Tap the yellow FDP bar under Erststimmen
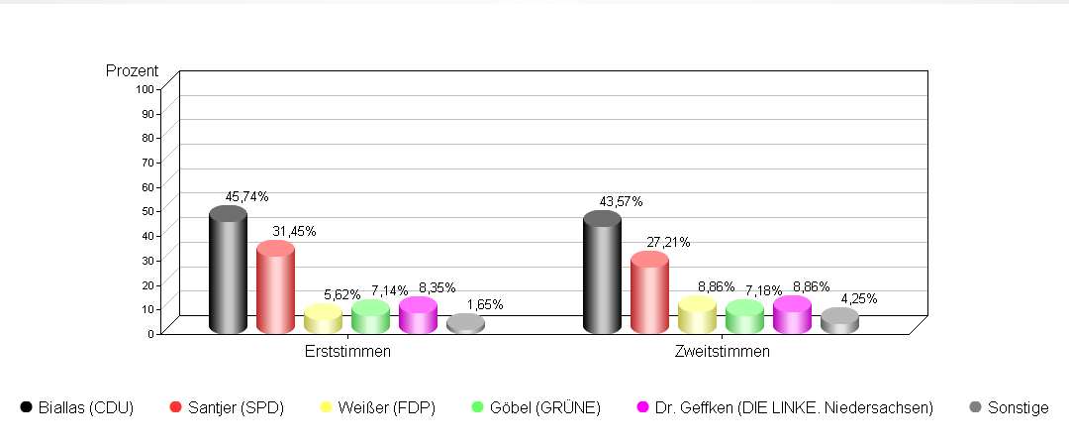pos(323,319)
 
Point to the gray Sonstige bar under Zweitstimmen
pos(839,321)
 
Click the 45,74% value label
pos(246,196)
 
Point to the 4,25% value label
pos(858,298)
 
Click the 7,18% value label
pos(763,288)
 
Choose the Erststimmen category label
pos(347,351)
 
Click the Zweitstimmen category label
pos(722,351)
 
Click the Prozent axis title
pos(132,71)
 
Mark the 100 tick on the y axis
pos(145,88)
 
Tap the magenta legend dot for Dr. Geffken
pos(641,406)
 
